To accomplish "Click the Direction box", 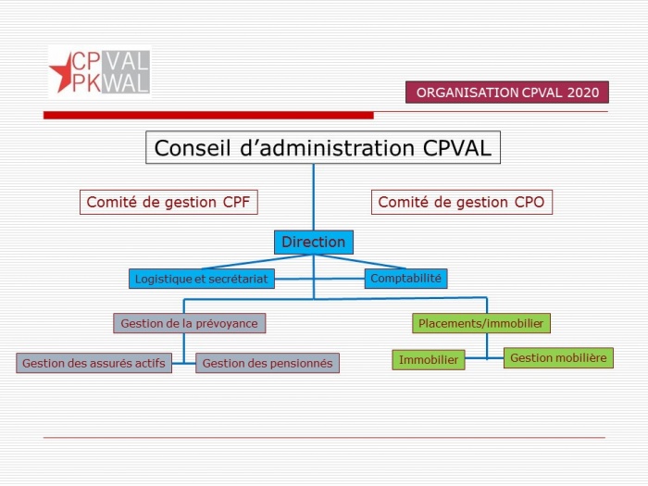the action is click(314, 243).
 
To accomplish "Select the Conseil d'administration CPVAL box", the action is click(323, 147).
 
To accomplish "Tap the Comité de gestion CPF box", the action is click(168, 202).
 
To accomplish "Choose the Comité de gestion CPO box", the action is click(462, 202).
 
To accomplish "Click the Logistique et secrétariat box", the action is click(202, 279).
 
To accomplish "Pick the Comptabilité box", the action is click(405, 278).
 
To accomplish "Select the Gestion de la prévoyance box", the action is click(189, 323).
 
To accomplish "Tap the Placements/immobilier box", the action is click(481, 323).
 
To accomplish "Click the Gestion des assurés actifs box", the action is click(93, 363).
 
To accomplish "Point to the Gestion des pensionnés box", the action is click(268, 363).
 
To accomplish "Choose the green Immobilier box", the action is click(429, 360).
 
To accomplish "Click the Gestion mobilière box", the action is click(558, 358).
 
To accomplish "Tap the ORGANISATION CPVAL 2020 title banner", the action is click(507, 93).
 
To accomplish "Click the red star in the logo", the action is click(61, 72).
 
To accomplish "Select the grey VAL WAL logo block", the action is click(125, 72).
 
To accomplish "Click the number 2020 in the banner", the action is click(582, 93).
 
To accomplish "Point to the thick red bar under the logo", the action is click(208, 116).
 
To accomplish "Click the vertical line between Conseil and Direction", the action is click(313, 197).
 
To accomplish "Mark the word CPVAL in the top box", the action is click(457, 148).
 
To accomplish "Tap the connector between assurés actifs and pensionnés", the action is click(183, 363).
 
